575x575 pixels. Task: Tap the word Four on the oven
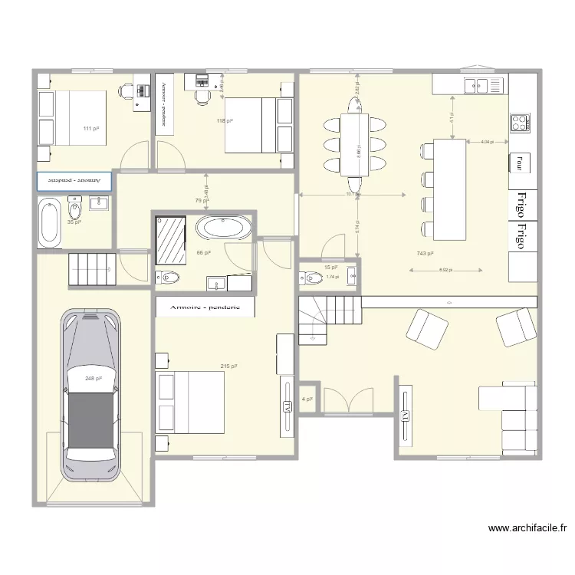pyautogui.click(x=519, y=163)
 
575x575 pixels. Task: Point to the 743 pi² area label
pyautogui.click(x=426, y=254)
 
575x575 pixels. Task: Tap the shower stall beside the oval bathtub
pyautogui.click(x=170, y=240)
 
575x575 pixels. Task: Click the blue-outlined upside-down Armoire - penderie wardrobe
pyautogui.click(x=74, y=181)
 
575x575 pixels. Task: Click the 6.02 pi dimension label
pyautogui.click(x=445, y=270)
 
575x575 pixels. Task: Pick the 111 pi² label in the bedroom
pyautogui.click(x=91, y=129)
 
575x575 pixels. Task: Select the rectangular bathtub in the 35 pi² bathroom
pyautogui.click(x=50, y=222)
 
